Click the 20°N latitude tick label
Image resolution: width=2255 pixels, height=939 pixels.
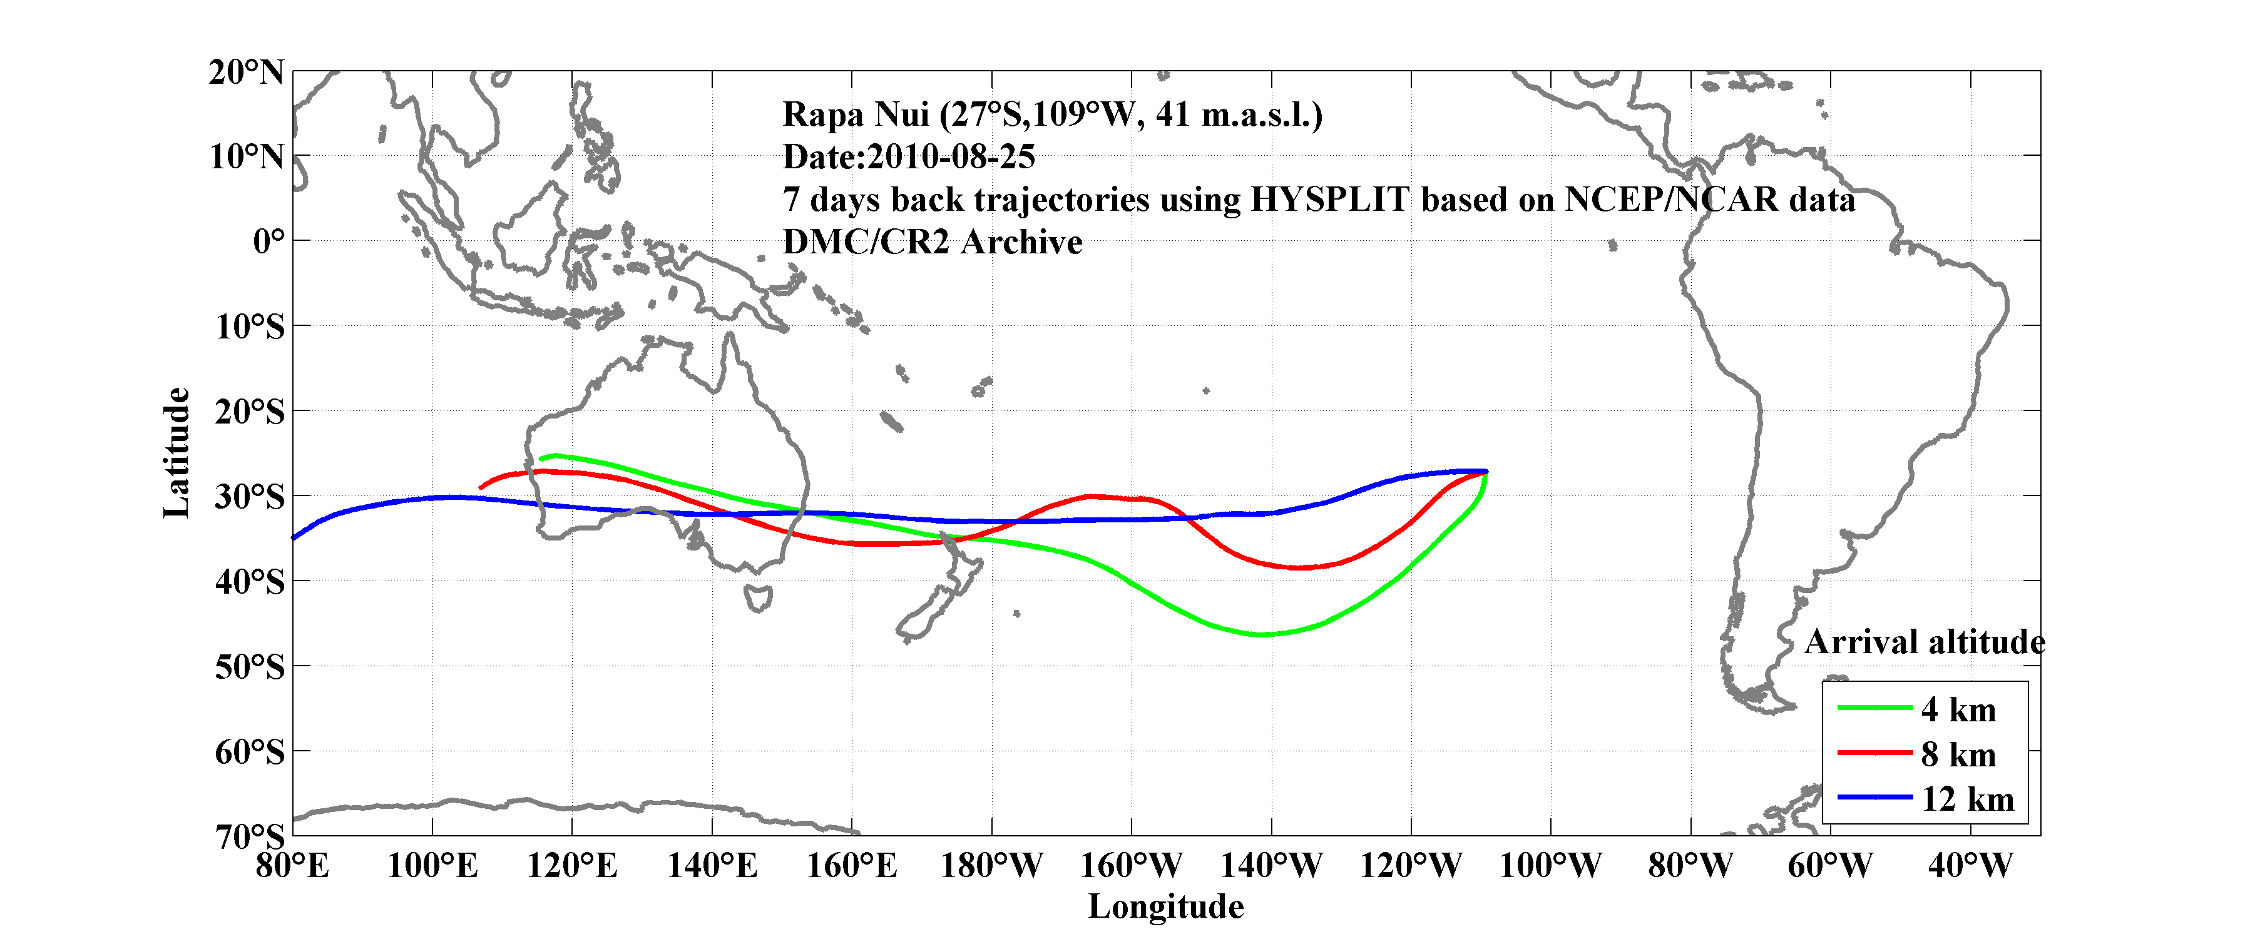246,73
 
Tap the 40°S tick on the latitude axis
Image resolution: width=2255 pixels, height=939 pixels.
250,582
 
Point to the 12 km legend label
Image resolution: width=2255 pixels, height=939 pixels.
1967,799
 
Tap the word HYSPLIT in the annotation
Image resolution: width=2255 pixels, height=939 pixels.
1329,200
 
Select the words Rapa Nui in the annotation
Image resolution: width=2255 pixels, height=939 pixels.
854,114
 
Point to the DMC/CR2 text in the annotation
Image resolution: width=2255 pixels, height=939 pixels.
865,242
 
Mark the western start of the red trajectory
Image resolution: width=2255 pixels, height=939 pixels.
481,487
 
